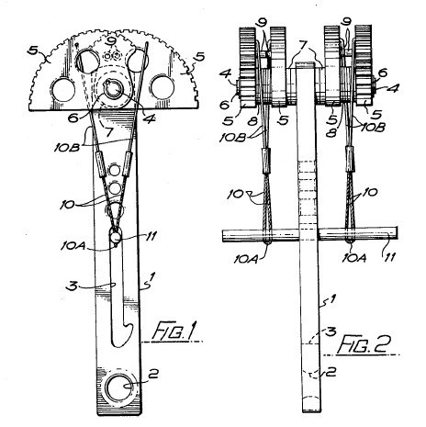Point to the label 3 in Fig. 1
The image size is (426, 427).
[73, 287]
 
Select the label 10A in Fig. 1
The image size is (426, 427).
[72, 245]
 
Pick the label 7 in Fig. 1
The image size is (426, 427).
[109, 132]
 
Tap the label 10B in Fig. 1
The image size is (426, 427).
[67, 148]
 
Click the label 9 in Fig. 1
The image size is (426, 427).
[111, 41]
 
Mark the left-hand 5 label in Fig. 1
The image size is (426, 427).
[34, 51]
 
